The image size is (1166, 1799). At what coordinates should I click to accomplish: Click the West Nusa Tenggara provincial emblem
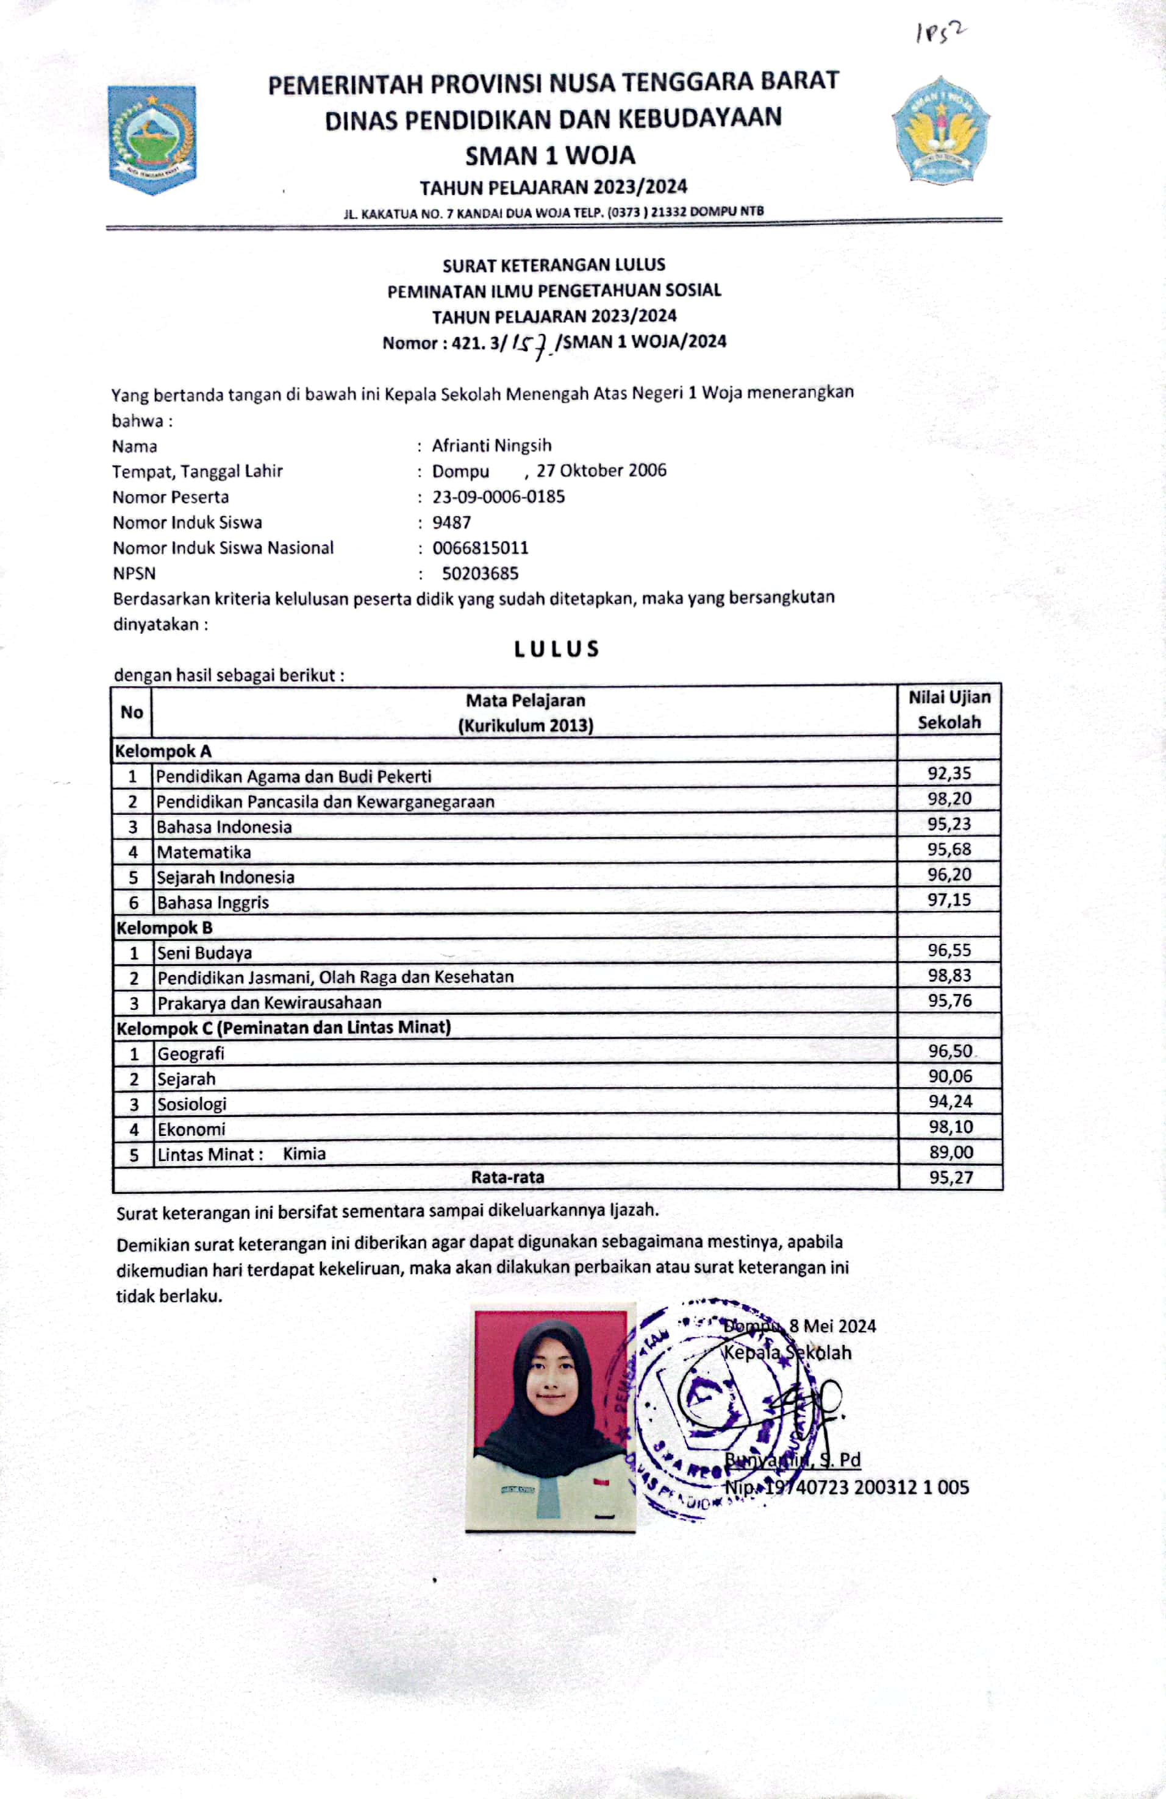click(x=152, y=139)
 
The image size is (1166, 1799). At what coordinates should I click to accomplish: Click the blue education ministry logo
click(x=940, y=130)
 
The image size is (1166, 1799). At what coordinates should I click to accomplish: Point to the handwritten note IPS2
click(x=940, y=32)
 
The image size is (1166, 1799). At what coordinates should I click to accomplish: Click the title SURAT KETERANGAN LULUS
click(x=554, y=264)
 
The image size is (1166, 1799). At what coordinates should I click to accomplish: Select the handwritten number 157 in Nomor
click(x=532, y=345)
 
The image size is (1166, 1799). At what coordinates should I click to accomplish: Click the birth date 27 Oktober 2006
click(x=601, y=470)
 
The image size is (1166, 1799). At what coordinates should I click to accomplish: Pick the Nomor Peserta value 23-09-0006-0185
click(x=498, y=497)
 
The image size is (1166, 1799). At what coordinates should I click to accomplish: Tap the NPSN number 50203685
click(x=480, y=573)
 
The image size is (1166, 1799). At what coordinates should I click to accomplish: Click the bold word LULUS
click(x=557, y=648)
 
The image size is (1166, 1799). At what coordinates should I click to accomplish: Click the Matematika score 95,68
click(x=949, y=849)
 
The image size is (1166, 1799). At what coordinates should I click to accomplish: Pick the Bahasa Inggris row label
click(x=212, y=902)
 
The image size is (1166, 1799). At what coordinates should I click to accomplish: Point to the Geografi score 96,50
click(x=950, y=1051)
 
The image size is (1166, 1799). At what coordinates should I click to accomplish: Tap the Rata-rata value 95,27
click(x=951, y=1177)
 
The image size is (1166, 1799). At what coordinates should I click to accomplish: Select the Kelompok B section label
click(x=164, y=928)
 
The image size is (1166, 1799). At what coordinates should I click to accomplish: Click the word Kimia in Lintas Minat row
click(x=304, y=1154)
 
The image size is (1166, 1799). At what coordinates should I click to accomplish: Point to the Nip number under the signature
click(x=846, y=1487)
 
